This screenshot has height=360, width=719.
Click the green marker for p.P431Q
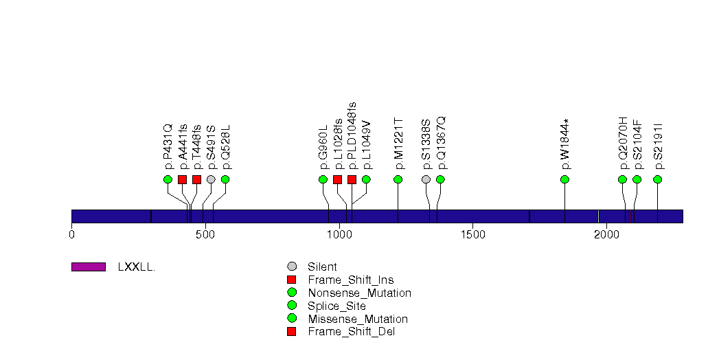[168, 179]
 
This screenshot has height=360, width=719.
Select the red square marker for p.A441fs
[182, 179]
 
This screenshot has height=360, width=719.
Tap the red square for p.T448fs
[196, 179]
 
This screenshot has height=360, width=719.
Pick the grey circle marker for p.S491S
[211, 179]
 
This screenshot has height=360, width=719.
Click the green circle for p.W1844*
[564, 179]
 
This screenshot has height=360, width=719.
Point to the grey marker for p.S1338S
[426, 179]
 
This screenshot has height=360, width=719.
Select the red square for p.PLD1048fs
[352, 179]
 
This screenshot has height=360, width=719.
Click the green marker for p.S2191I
[658, 179]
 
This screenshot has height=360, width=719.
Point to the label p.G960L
[323, 146]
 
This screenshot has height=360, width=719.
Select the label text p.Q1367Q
[440, 142]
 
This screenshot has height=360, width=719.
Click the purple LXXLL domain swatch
[88, 267]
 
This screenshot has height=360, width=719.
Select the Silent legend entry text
[323, 267]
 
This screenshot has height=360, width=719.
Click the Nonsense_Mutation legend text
[360, 293]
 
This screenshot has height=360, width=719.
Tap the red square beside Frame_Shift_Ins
[292, 280]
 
